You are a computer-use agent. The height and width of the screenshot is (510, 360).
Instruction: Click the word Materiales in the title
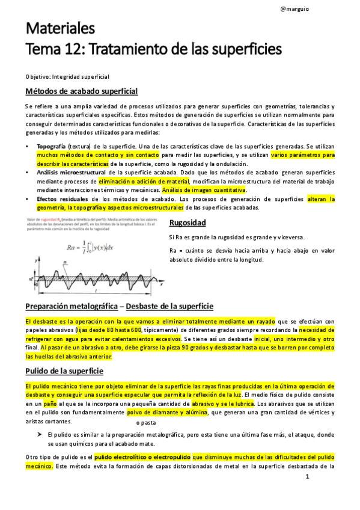pyautogui.click(x=60, y=29)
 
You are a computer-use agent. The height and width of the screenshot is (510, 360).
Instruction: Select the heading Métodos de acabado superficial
pyautogui.click(x=82, y=91)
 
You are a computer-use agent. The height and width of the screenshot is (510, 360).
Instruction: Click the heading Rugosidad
pyautogui.click(x=188, y=223)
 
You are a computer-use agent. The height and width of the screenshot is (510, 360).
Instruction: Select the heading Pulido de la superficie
pyautogui.click(x=64, y=371)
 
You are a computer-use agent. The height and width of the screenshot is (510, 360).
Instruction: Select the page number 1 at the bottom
pyautogui.click(x=307, y=478)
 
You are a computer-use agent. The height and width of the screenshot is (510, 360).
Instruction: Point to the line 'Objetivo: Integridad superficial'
pyautogui.click(x=67, y=76)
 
